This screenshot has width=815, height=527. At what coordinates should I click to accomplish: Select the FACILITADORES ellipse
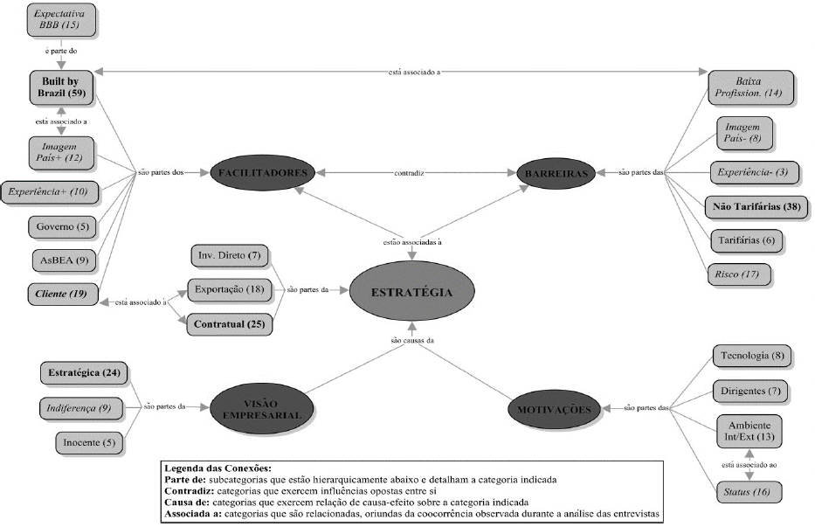[x=259, y=173]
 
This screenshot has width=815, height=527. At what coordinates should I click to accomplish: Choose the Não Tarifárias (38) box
[x=757, y=207]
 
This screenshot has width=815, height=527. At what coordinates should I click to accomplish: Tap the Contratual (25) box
[x=230, y=324]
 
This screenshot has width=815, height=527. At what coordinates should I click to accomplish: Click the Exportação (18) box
[x=230, y=289]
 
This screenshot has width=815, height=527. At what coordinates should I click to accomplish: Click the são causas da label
[x=413, y=338]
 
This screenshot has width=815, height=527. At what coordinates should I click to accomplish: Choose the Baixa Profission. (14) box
[x=750, y=86]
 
